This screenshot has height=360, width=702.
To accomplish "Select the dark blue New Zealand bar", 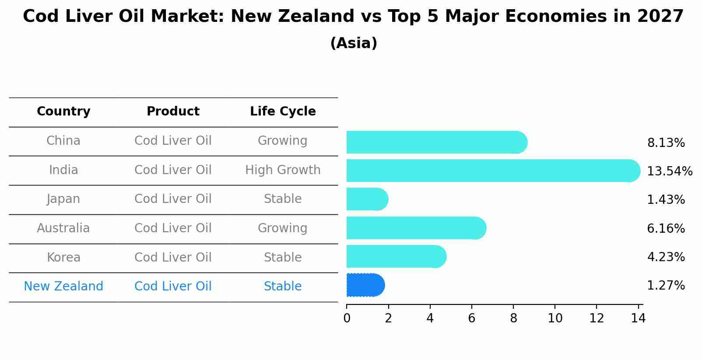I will tap(365, 285).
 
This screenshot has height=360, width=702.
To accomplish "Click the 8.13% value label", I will tap(666, 143).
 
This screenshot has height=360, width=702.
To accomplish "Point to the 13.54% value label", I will tap(669, 171).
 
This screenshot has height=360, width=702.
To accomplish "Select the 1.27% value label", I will tap(666, 286).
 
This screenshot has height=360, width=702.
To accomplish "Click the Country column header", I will tap(63, 112).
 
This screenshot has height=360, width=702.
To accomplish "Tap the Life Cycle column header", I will tap(283, 112).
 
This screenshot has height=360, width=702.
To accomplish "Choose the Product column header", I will tap(173, 112).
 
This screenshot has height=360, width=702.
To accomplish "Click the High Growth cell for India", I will tap(283, 170).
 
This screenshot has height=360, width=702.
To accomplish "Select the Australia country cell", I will tap(63, 228).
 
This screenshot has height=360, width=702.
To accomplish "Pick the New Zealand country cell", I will tap(63, 287).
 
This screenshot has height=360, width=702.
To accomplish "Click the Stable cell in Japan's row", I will tap(283, 199).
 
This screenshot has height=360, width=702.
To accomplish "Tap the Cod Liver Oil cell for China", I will tap(173, 141).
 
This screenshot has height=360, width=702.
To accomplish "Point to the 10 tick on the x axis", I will tap(555, 318).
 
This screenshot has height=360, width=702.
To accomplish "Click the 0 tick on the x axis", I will tap(347, 318).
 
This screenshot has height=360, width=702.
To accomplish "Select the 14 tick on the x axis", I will tap(638, 318).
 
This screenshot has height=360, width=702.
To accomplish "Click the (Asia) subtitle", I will tap(354, 43).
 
